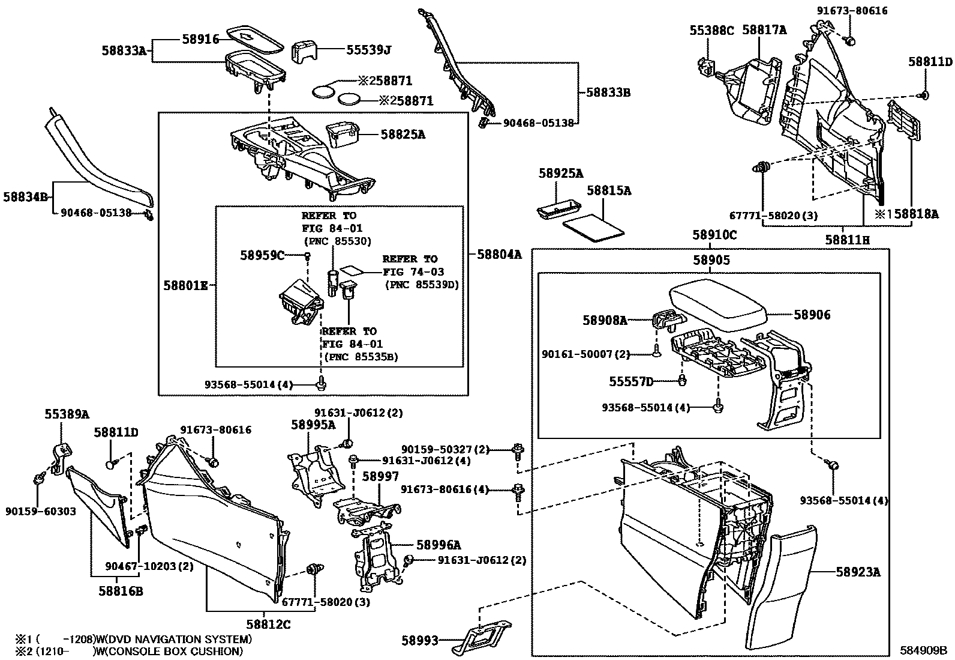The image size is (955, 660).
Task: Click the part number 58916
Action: point(200,39)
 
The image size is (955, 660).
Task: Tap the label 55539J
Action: point(368,50)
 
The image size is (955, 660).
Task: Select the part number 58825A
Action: point(403,135)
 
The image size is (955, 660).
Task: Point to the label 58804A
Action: point(499,255)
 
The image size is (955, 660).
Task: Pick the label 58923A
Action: point(858,572)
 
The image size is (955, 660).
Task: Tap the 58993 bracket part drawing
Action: point(481,637)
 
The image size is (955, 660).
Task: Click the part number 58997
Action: point(380,476)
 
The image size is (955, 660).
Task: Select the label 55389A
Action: point(67,414)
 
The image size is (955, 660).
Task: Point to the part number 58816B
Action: point(121,591)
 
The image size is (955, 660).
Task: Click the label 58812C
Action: point(268,625)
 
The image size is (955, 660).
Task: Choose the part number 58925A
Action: point(561,174)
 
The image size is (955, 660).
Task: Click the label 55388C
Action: point(712,30)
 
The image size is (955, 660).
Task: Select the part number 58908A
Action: point(605,320)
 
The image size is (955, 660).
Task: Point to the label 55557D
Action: point(631,381)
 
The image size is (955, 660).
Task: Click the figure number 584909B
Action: point(923,650)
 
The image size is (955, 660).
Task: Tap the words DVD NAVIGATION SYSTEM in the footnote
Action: point(178,639)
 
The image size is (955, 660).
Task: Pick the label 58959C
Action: point(262,255)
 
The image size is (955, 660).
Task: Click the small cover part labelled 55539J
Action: point(304,52)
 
